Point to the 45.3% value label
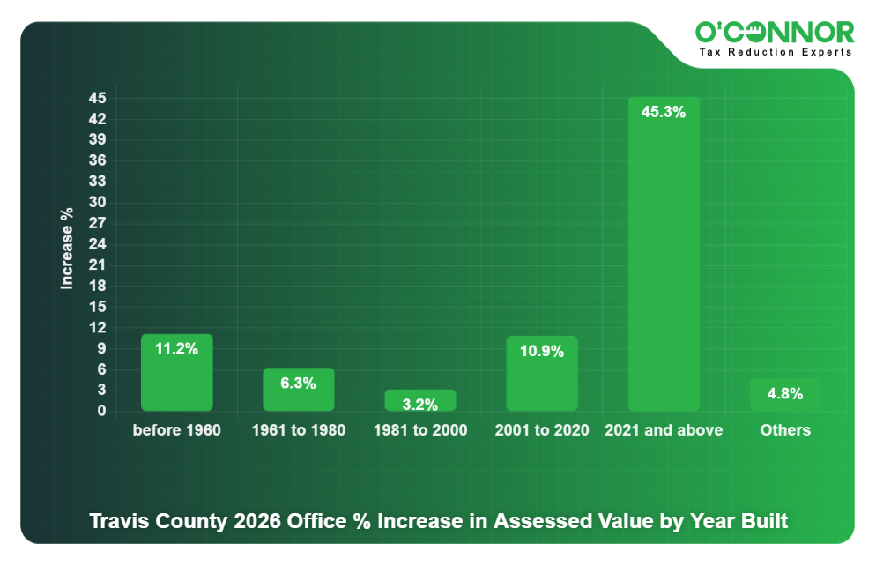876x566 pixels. [x=664, y=112]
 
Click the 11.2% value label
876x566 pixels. [x=176, y=348]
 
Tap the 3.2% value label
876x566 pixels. [x=420, y=405]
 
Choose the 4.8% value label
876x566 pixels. [x=785, y=394]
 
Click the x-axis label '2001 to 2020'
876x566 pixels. [x=542, y=430]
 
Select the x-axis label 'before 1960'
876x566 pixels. [x=176, y=430]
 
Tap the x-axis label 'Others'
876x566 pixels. [x=785, y=430]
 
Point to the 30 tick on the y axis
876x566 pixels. [x=97, y=202]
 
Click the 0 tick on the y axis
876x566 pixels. [x=101, y=411]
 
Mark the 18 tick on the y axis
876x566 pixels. [x=97, y=286]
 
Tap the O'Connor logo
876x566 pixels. [x=775, y=33]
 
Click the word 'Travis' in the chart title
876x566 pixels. [x=119, y=520]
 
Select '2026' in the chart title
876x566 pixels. [x=257, y=520]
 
